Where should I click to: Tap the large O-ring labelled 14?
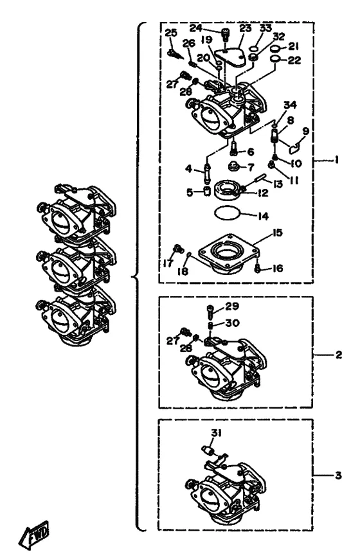tap(228, 213)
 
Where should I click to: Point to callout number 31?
tap(216, 433)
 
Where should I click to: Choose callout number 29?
tap(232, 306)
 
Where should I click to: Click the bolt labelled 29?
tap(210, 312)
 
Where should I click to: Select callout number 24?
tap(196, 28)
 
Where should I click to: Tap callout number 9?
tap(305, 131)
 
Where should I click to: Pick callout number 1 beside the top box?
tap(336, 160)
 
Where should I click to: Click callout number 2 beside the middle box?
tap(338, 355)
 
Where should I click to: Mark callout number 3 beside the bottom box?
tap(338, 475)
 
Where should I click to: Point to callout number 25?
tap(171, 33)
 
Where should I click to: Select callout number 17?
tap(168, 263)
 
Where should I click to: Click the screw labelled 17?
tap(177, 248)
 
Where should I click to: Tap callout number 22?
tap(294, 60)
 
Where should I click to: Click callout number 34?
tap(290, 105)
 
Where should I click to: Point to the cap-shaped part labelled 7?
tap(233, 166)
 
